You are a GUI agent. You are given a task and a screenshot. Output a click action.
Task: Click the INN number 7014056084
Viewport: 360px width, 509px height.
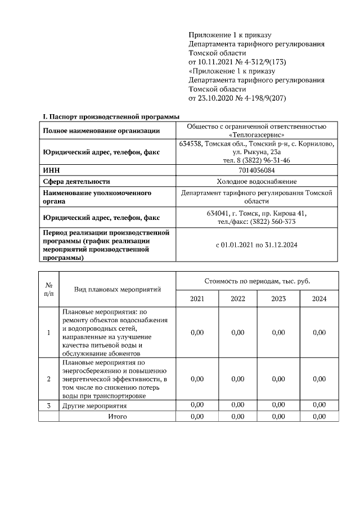tap(256, 170)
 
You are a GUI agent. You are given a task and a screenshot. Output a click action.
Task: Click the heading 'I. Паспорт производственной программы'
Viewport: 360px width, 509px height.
tap(111, 116)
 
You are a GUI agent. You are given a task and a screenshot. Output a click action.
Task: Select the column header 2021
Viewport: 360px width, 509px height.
tap(197, 299)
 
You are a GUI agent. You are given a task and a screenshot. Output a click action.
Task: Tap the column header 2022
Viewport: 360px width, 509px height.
tap(238, 299)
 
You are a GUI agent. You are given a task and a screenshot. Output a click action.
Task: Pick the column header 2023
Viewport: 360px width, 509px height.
tap(278, 299)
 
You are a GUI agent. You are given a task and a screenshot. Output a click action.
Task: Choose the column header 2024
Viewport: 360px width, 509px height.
tap(319, 299)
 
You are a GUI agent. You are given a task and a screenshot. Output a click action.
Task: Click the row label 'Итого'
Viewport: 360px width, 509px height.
tap(117, 416)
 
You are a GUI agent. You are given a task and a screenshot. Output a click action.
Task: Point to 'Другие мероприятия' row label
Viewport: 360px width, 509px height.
tap(94, 406)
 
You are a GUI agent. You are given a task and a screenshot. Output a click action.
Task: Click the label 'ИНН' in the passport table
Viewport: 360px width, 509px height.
tap(51, 170)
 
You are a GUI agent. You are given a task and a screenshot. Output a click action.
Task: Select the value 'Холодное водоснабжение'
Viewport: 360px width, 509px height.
tap(256, 181)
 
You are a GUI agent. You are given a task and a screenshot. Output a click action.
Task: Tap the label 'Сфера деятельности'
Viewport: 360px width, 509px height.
tap(76, 181)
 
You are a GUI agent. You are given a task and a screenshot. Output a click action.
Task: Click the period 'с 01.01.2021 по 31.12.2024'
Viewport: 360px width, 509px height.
tap(256, 245)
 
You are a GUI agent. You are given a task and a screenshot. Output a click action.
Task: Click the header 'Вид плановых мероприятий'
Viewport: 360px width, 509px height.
tap(118, 289)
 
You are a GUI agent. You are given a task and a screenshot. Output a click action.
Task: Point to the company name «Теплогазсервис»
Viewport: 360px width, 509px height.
tap(256, 135)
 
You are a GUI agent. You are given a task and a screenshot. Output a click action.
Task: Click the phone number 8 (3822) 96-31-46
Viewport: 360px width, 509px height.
tap(256, 160)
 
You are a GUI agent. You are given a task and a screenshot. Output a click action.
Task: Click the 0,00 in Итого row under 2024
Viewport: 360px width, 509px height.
tap(319, 416)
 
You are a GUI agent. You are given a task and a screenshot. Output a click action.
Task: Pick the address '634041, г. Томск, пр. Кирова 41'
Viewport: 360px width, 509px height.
tap(256, 213)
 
